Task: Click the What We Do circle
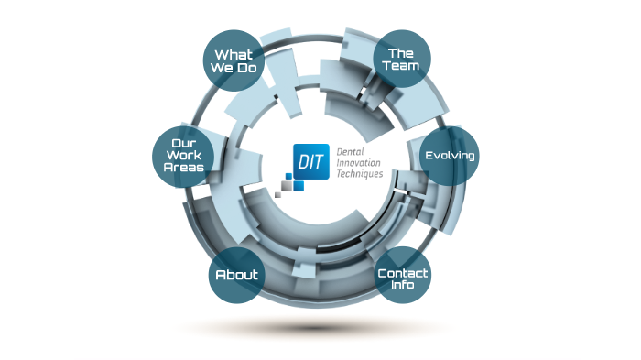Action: pyautogui.click(x=233, y=60)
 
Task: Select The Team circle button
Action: pyautogui.click(x=402, y=60)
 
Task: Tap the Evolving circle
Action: pyautogui.click(x=449, y=155)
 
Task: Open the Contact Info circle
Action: pyautogui.click(x=403, y=278)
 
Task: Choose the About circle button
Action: pyautogui.click(x=236, y=275)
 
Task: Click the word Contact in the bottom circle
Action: pyautogui.click(x=403, y=272)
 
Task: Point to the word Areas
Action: pyautogui.click(x=184, y=169)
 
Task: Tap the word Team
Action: pyautogui.click(x=402, y=67)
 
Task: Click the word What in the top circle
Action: pyautogui.click(x=233, y=54)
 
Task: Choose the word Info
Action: pyautogui.click(x=403, y=284)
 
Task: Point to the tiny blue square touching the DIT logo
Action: pyautogui.click(x=299, y=186)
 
